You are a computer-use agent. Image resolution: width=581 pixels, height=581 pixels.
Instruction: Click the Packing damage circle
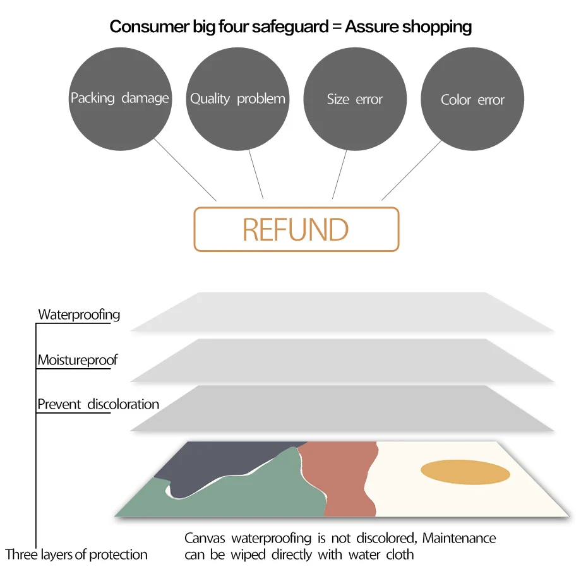pos(120,99)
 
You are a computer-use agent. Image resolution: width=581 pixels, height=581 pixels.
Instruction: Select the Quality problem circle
pos(237,99)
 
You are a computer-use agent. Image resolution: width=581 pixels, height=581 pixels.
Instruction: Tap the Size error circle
pos(355,99)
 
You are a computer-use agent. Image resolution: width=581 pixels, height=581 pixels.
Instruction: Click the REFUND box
pos(296,229)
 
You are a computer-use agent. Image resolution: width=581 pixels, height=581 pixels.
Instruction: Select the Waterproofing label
pos(79,314)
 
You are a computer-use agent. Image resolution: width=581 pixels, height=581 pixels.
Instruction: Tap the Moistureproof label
pos(78,361)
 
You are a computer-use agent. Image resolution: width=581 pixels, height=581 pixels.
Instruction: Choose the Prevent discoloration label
pos(99,404)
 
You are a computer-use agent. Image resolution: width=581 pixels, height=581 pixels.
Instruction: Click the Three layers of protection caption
pos(76,555)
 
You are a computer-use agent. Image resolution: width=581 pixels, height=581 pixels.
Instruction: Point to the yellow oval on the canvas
pos(465,472)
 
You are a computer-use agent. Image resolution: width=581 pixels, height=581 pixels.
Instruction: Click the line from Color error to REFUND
pos(411,170)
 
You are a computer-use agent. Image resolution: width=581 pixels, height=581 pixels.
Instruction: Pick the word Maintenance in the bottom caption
pos(459,539)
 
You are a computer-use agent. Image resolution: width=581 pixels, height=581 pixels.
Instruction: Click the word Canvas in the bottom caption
pos(205,539)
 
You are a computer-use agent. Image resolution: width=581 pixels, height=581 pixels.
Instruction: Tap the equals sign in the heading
pos(335,27)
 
